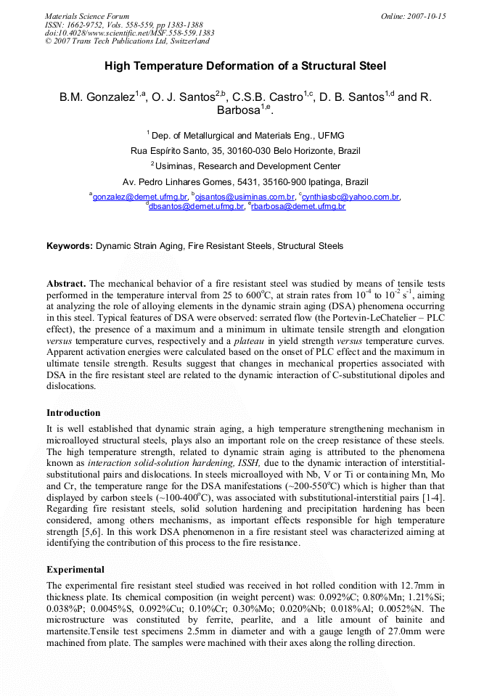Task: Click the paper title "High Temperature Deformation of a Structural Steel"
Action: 245,66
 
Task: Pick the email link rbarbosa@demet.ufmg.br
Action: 298,207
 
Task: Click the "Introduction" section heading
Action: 73,413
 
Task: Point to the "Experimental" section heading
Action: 75,570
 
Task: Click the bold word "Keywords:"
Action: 70,246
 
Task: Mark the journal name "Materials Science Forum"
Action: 87,16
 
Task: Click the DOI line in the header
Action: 129,33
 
